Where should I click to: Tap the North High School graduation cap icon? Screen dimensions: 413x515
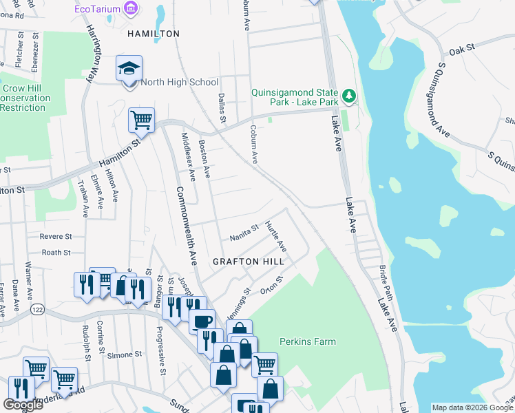point(129,69)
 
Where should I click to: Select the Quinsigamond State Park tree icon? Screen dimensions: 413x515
point(350,95)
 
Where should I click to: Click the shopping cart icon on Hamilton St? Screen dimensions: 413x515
point(141,120)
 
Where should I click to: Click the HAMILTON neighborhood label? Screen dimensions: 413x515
point(153,33)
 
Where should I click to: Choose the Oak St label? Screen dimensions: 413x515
point(462,50)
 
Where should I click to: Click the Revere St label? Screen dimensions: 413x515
point(56,236)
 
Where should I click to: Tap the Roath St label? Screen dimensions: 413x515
point(56,253)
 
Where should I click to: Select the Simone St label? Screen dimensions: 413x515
point(124,354)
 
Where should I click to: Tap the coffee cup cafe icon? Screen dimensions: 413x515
point(202,321)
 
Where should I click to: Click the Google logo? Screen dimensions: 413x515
point(23,405)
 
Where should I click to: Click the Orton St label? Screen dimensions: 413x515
point(273,286)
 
